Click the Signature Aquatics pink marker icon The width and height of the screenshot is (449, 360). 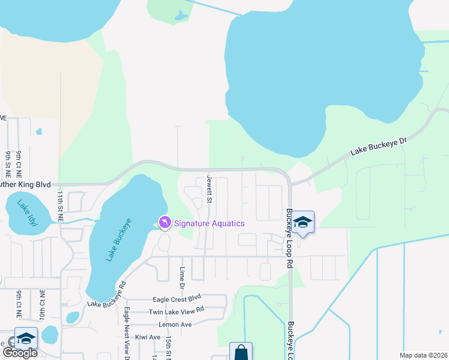click(x=164, y=223)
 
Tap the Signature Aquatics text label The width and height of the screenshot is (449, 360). click(x=209, y=224)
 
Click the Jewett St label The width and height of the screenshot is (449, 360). click(x=209, y=188)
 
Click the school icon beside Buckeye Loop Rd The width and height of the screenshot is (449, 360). click(x=303, y=223)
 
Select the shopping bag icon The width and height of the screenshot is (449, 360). click(x=241, y=352)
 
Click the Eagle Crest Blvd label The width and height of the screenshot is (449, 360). click(x=176, y=298)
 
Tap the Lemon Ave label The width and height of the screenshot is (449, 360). click(x=175, y=324)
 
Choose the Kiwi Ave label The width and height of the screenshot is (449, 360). click(x=148, y=337)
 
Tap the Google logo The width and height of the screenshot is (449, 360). click(x=19, y=353)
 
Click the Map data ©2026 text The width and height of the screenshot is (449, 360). click(x=423, y=355)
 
